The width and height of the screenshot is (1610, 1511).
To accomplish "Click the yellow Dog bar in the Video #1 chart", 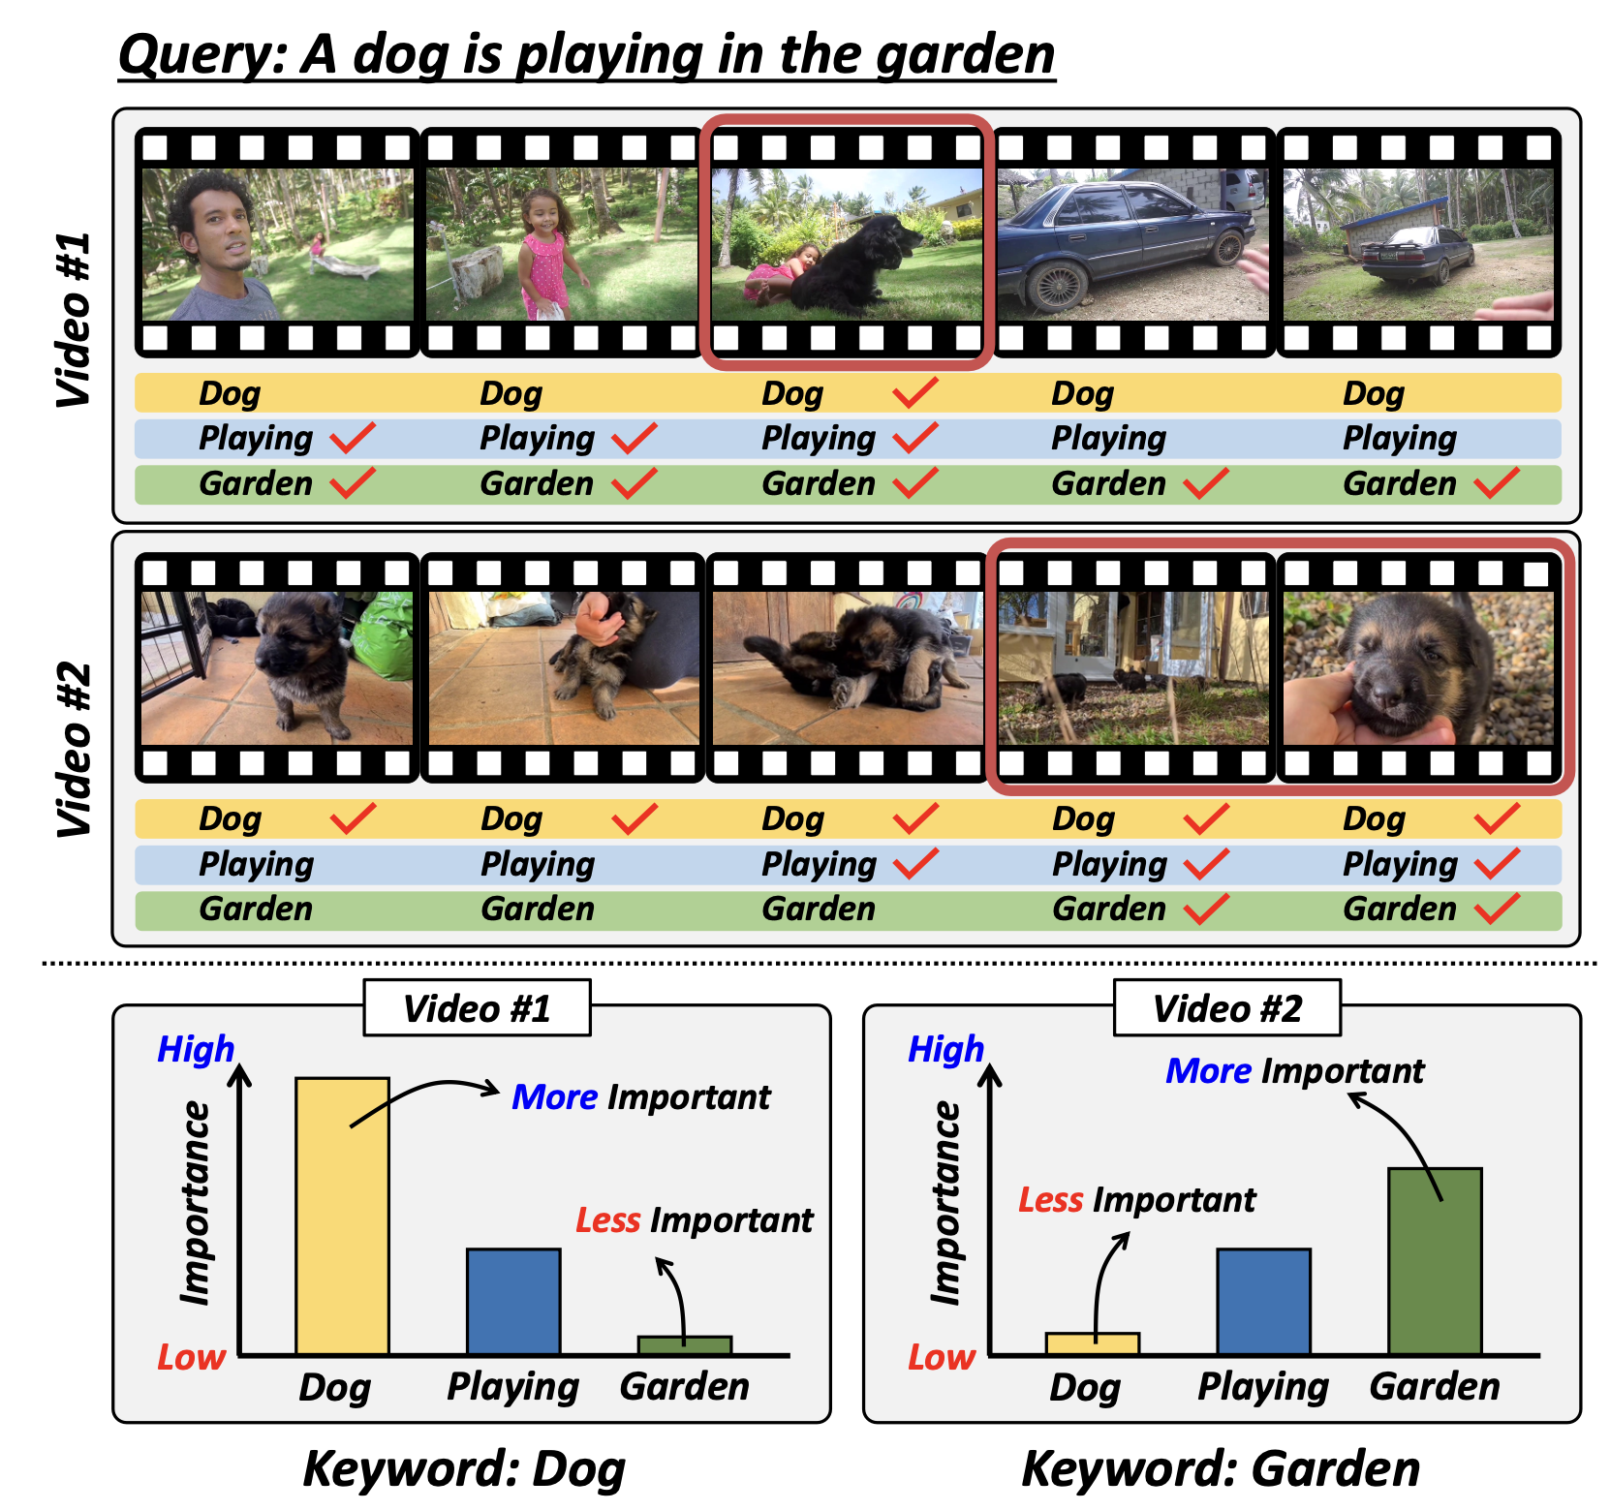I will point(342,1216).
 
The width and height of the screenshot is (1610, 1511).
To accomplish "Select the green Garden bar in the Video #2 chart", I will point(1435,1261).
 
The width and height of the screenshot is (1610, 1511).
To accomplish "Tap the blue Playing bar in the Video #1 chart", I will point(513,1301).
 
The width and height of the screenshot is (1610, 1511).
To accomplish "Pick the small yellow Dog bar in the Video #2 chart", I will point(1093,1343).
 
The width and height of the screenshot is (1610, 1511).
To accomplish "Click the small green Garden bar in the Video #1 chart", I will point(685,1345).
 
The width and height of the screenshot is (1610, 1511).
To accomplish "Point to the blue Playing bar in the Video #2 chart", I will point(1263,1301).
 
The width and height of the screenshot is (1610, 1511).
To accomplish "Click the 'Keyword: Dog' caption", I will point(464,1468).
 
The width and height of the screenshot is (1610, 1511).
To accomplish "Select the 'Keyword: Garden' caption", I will point(1221,1468).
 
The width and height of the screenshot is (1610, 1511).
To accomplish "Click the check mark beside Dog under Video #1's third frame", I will point(915,392).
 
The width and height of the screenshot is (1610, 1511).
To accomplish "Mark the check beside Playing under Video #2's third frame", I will point(915,863).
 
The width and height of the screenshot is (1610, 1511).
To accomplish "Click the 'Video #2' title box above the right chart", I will point(1227,1008).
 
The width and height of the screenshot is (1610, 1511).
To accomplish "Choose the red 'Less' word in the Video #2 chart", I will point(1050,1200).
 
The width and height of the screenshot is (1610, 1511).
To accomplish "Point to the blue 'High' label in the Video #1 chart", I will point(196,1049).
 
